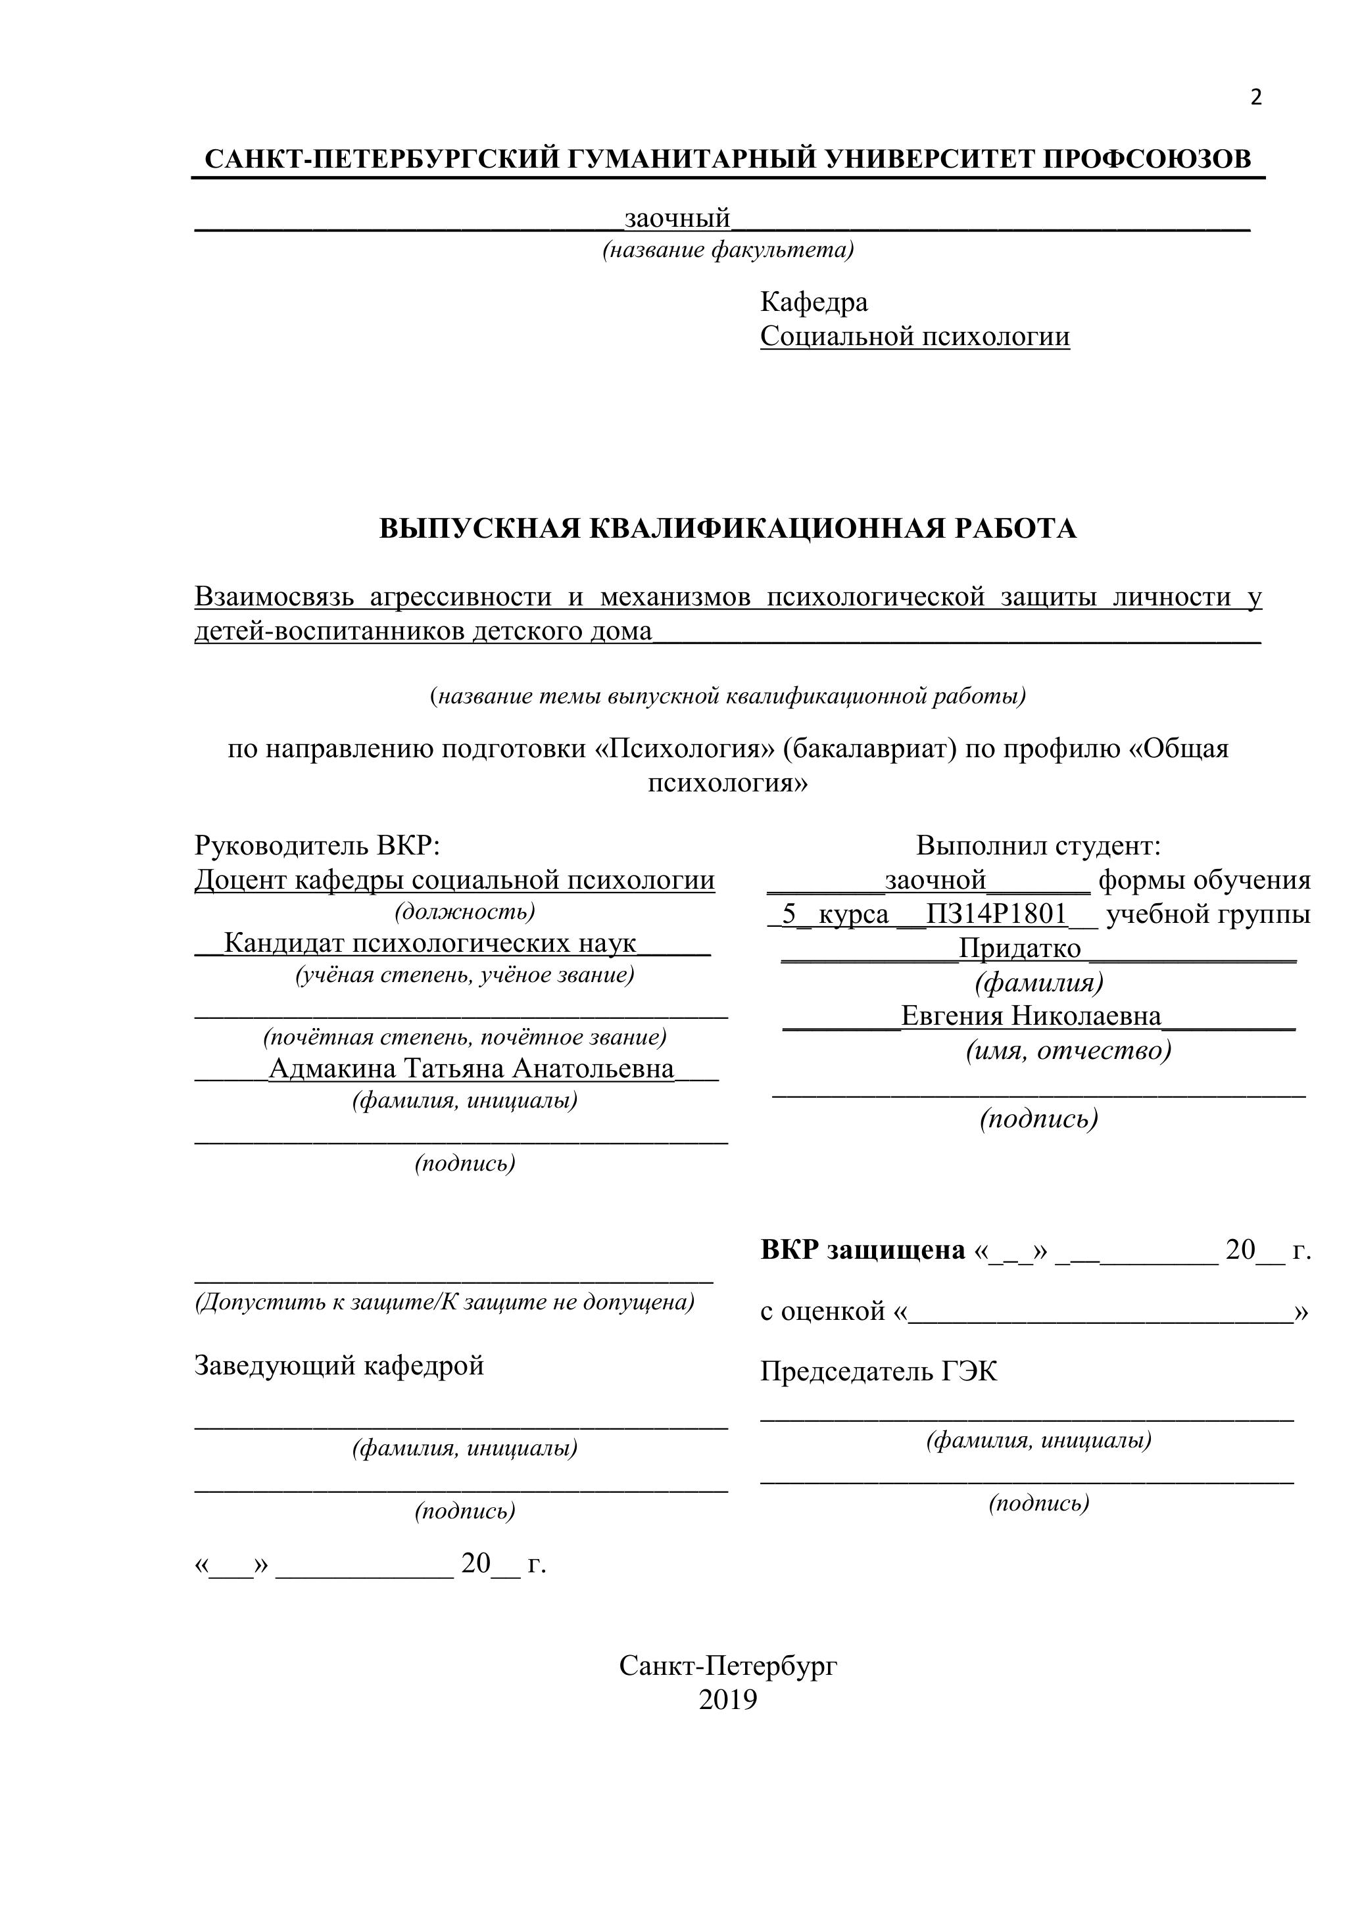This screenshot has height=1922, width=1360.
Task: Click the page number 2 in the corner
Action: [1255, 98]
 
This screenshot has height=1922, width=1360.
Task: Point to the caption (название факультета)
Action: [728, 250]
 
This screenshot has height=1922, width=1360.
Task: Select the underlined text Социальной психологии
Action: [915, 337]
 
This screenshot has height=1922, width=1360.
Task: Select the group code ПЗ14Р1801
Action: [996, 914]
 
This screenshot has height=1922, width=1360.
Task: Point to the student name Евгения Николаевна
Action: [1031, 1016]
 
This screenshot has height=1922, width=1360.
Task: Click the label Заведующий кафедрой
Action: [339, 1365]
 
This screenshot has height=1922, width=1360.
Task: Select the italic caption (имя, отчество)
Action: [1069, 1050]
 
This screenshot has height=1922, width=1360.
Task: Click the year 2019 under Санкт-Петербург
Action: [728, 1700]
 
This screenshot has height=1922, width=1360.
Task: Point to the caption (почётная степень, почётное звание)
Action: [465, 1037]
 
